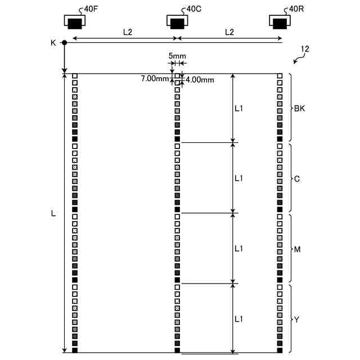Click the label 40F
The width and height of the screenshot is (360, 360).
pyautogui.click(x=91, y=9)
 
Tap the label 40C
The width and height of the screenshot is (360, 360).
pyautogui.click(x=194, y=9)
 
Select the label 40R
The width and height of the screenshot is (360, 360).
pyautogui.click(x=296, y=9)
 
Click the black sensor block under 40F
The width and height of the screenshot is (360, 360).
pyautogui.click(x=75, y=24)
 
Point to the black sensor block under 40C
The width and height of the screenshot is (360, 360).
pyautogui.click(x=177, y=24)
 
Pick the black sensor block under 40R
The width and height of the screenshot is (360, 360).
pyautogui.click(x=280, y=24)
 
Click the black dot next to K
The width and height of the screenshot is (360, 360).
pyautogui.click(x=65, y=43)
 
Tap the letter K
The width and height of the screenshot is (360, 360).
pyautogui.click(x=53, y=43)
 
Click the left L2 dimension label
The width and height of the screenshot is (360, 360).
pyautogui.click(x=128, y=32)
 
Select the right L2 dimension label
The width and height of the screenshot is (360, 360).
pyautogui.click(x=229, y=32)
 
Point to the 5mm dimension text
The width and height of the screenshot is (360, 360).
pyautogui.click(x=177, y=56)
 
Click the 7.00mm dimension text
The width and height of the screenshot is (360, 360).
pyautogui.click(x=155, y=79)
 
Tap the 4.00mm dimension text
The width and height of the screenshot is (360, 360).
pyautogui.click(x=200, y=80)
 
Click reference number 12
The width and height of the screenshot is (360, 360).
pyautogui.click(x=305, y=49)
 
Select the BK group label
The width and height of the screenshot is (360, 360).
pyautogui.click(x=300, y=109)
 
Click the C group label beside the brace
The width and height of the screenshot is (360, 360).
pyautogui.click(x=297, y=179)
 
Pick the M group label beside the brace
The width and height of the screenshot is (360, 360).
pyautogui.click(x=298, y=249)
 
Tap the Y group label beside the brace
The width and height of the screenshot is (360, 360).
pyautogui.click(x=297, y=319)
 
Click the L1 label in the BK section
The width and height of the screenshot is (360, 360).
pyautogui.click(x=238, y=109)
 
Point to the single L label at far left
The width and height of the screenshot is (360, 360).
pyautogui.click(x=53, y=214)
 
